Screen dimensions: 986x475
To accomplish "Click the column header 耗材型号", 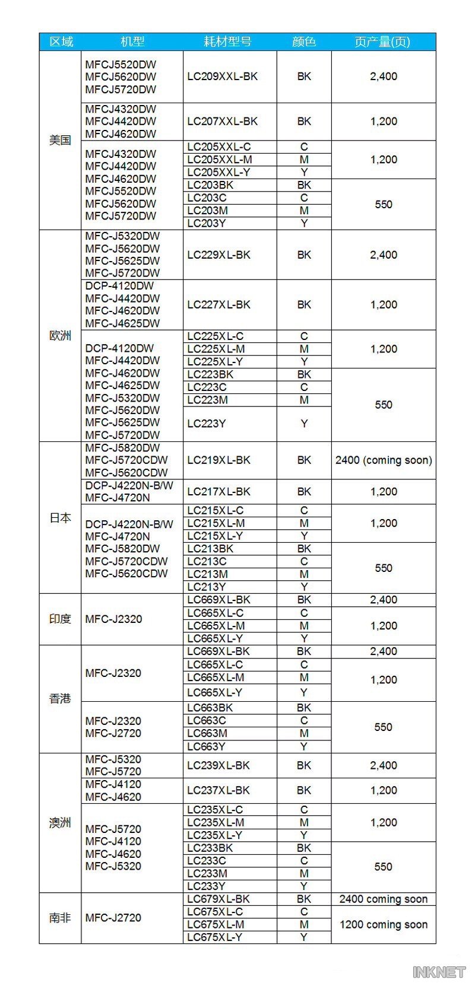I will [227, 42].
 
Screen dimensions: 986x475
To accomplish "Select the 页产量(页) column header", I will [383, 42].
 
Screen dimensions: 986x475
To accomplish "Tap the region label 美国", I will [60, 140].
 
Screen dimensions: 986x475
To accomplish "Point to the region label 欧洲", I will [60, 336].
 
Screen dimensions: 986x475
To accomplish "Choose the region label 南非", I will [60, 918].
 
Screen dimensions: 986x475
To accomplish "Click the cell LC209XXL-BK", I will [223, 77].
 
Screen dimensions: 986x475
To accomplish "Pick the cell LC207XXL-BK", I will [223, 121].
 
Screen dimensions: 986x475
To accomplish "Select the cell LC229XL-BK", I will [219, 255].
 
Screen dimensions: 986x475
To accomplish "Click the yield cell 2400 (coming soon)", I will [384, 460].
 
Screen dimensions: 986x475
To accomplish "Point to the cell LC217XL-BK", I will [219, 491].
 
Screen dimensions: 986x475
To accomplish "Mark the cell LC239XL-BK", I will [218, 765].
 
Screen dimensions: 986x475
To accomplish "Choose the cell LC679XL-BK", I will [218, 899].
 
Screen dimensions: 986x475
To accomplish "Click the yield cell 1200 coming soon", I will [384, 924].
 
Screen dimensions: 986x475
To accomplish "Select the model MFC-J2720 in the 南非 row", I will [113, 918].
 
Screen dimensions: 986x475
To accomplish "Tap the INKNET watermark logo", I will [439, 972].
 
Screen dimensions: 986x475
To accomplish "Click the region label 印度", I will [60, 619].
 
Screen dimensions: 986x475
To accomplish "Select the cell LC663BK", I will [210, 708].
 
